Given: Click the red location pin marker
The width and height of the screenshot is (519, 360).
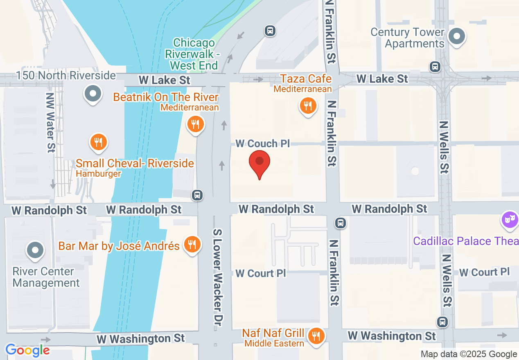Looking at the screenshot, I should click(x=259, y=162).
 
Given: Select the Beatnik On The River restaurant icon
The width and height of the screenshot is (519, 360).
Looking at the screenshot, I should click(x=196, y=124).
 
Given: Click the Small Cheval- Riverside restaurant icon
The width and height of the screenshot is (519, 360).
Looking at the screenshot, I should click(x=98, y=142).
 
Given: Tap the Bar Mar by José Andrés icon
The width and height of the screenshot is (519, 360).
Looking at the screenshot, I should click(x=191, y=244).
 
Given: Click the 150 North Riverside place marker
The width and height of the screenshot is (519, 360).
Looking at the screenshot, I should click(x=93, y=94).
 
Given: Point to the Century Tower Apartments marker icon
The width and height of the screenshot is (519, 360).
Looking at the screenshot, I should click(x=457, y=37).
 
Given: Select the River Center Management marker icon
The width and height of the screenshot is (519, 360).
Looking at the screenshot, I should click(x=35, y=250).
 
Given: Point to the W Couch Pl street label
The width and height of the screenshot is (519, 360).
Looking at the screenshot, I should click(x=262, y=144).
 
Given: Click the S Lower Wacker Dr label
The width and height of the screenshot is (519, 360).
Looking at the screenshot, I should click(x=217, y=277).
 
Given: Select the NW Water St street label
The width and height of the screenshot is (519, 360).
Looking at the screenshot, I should click(x=50, y=122).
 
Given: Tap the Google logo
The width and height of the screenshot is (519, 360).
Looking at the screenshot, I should click(x=27, y=350).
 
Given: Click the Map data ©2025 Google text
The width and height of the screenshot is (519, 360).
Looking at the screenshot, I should click(x=469, y=354).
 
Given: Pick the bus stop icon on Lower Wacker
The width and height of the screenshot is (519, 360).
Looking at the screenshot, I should click(x=198, y=195).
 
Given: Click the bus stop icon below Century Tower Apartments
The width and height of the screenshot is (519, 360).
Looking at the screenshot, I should click(x=435, y=66).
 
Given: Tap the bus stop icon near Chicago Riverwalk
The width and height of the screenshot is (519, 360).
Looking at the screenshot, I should click(x=270, y=30).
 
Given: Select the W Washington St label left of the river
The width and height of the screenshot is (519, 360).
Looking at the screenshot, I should click(x=141, y=339).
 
